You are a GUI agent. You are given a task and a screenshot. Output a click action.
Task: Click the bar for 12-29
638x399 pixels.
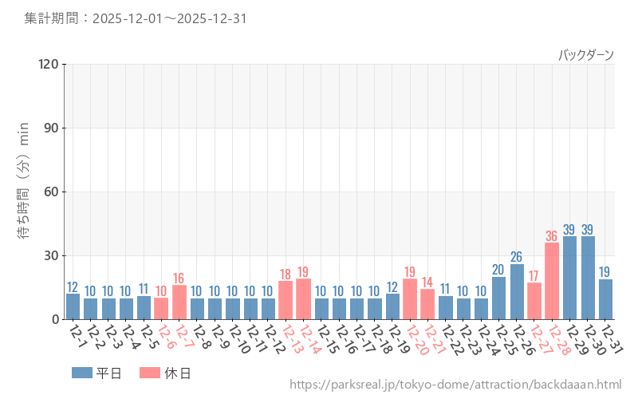point(570,278)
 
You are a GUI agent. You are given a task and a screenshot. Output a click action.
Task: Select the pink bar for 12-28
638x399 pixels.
point(552,281)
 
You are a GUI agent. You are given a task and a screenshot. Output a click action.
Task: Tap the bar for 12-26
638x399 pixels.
point(517,291)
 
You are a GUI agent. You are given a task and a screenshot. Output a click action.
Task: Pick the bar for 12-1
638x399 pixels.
point(73,306)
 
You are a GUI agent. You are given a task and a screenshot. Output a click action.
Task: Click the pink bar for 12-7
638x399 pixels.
point(179,302)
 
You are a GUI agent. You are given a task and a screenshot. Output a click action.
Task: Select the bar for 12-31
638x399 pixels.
point(605,299)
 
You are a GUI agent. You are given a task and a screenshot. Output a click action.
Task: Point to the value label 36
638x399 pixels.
point(552,236)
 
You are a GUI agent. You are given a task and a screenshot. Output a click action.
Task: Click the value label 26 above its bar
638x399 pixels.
point(517,257)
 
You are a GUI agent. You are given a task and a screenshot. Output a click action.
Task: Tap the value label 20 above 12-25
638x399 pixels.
point(498,270)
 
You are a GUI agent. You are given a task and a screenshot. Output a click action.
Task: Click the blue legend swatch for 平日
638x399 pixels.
point(82,373)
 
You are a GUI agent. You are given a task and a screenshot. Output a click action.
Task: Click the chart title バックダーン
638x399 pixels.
point(585,55)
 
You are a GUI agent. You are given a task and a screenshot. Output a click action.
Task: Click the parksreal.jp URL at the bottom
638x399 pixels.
point(455,385)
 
